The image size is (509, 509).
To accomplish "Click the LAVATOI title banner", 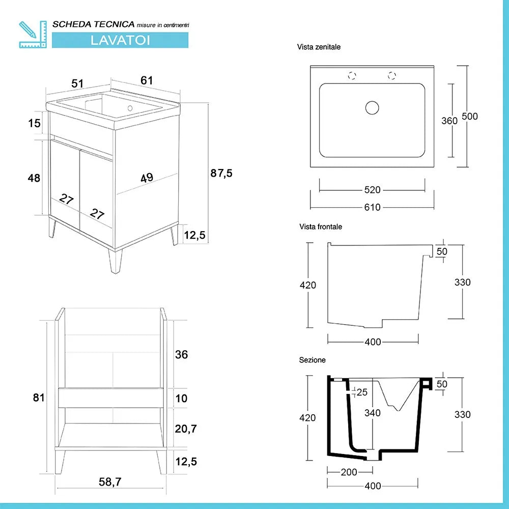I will click(x=120, y=40).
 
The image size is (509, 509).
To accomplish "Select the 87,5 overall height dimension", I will click(x=221, y=173).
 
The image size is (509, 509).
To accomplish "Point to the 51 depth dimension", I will click(x=77, y=83).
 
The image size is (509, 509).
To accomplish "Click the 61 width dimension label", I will click(x=147, y=80).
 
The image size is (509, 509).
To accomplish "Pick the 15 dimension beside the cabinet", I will click(x=34, y=123).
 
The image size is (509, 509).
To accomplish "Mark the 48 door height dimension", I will click(x=34, y=178).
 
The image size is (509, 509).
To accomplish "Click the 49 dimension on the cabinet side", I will click(x=147, y=178).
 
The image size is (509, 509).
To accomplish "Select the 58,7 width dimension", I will click(x=110, y=481).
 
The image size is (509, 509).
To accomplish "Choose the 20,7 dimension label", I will click(x=185, y=430).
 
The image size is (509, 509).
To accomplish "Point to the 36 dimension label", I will click(x=181, y=354).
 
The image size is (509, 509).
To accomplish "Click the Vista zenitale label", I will click(x=319, y=47).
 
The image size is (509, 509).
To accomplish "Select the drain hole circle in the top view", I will click(x=373, y=107).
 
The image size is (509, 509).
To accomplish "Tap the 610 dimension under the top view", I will click(x=372, y=207).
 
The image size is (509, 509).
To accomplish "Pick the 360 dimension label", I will click(x=449, y=121).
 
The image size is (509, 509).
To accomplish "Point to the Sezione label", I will click(x=312, y=360).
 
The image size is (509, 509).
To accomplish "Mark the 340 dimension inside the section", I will click(x=372, y=413).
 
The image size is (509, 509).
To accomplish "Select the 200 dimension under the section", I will click(x=349, y=472).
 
